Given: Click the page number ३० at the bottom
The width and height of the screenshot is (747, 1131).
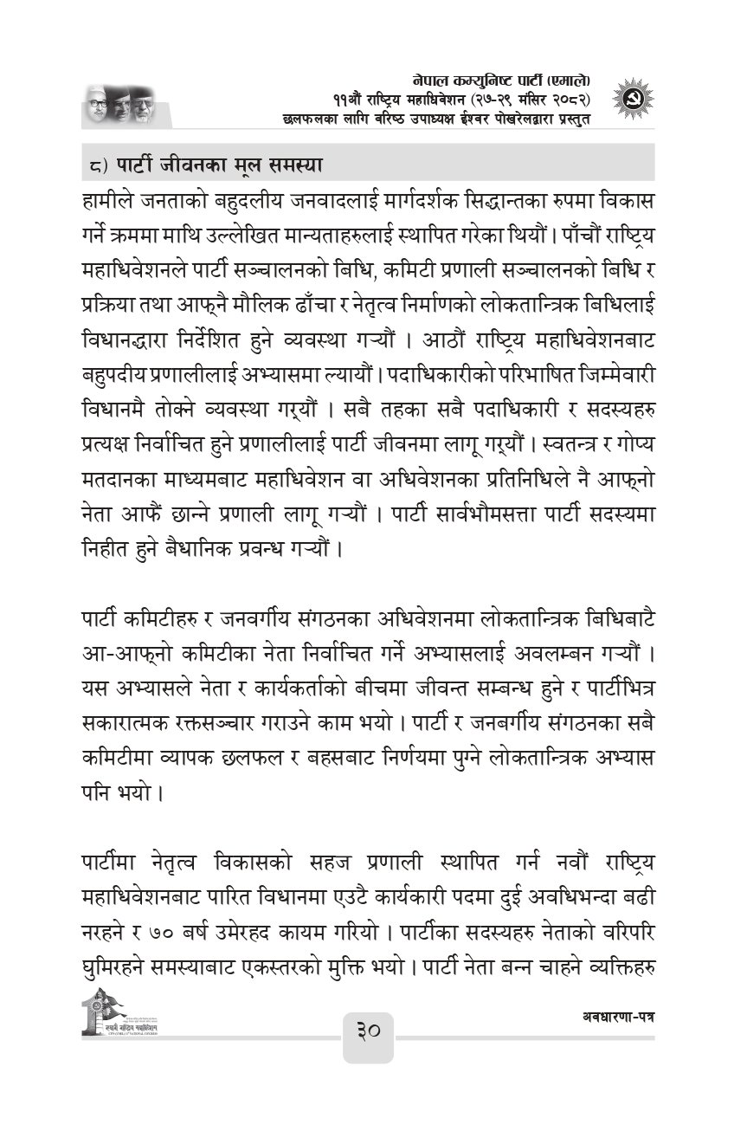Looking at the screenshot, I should [368, 1035].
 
